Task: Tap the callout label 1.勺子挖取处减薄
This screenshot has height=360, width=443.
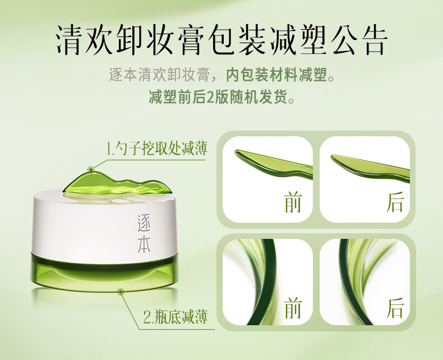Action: [157, 149]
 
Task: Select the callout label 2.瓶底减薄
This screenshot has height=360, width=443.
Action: [176, 317]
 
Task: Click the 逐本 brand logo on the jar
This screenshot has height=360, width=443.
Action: [144, 233]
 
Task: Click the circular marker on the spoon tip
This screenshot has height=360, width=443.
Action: [91, 169]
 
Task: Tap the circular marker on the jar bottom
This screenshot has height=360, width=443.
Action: [121, 292]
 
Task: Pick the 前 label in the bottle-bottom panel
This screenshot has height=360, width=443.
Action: [293, 307]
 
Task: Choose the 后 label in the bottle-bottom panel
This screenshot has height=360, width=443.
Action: [395, 307]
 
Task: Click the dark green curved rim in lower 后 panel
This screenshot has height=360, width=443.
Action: [348, 283]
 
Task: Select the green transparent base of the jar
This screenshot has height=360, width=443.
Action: [104, 273]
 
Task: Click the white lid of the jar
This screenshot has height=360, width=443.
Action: [104, 223]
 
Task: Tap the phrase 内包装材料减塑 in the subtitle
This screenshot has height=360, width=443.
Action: [276, 75]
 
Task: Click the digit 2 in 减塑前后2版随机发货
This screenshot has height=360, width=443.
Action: [210, 97]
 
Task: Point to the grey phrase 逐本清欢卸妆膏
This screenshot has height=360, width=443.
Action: [160, 75]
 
